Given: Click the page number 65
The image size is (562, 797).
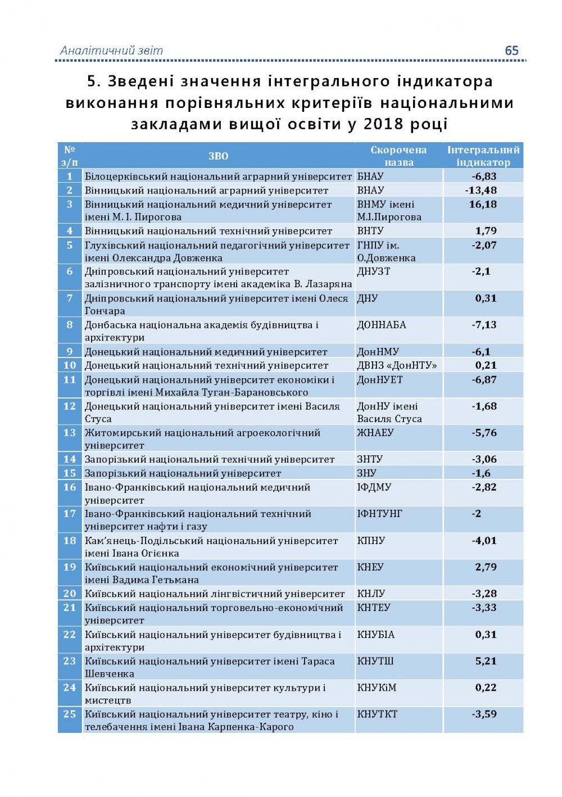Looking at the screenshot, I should (511, 51).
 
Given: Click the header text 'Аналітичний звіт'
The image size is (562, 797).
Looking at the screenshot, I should (111, 51).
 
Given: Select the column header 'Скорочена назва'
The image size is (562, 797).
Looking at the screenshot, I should (398, 156).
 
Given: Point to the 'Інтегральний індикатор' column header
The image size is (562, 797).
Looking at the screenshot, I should (483, 156).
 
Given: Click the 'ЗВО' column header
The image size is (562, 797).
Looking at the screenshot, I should (218, 156).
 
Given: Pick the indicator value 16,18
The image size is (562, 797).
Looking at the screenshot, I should (483, 204).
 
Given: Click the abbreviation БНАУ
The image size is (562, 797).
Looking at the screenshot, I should (371, 176).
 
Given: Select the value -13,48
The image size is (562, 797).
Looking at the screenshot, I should (481, 190).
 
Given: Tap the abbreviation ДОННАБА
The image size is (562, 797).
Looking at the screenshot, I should (382, 325).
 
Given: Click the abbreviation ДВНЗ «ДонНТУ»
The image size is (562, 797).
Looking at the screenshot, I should (397, 365).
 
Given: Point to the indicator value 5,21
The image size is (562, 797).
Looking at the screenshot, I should (486, 661).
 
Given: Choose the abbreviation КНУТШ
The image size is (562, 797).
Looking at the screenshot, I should (375, 661).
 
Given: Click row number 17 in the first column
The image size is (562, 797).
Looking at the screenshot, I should (70, 514).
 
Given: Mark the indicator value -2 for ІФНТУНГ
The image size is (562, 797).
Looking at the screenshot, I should (477, 514).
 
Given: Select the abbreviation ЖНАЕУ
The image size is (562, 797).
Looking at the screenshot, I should (375, 433).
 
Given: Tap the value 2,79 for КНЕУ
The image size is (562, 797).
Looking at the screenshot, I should (486, 567).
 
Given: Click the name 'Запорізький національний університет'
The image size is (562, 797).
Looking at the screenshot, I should (183, 473).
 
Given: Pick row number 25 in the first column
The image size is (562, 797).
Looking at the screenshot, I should (70, 714).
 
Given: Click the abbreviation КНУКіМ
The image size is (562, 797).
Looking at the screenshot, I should (377, 688).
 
